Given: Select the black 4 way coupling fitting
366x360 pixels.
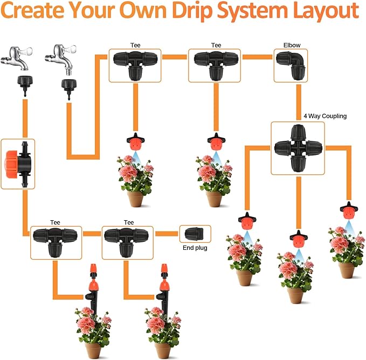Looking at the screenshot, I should click(298, 147).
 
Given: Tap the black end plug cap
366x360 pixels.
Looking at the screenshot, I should click(195, 234).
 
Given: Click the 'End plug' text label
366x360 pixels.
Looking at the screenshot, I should click(195, 248).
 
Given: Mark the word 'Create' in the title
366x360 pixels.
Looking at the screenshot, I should click(34, 11).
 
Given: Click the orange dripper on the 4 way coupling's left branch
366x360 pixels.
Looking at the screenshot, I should click(246, 221).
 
